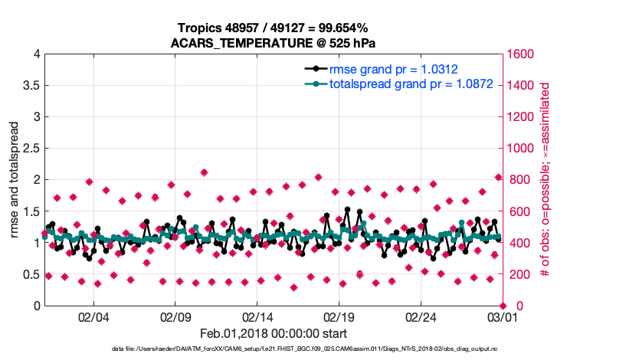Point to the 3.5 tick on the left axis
pos(29,86)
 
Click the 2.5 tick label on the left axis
pos(29,149)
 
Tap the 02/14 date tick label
pos(257,316)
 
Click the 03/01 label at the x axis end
pos(502,316)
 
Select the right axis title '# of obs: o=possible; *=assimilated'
pos(545,180)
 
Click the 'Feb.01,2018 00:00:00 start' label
pos(274,333)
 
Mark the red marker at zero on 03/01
pos(502,306)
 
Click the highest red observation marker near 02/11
pos(204,172)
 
